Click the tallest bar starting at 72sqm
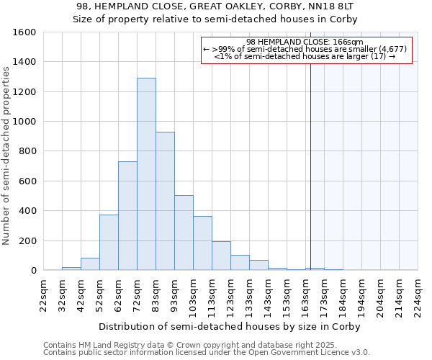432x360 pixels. pos(146,174)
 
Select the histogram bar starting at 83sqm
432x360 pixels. pos(165,202)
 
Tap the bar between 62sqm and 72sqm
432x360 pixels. pos(127,216)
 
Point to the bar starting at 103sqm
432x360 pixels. pos(202,243)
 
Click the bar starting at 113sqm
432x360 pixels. pos(221,256)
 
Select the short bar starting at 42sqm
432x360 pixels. pos(90,264)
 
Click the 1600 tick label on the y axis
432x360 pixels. pos(24,32)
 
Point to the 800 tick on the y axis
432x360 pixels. pos(27,152)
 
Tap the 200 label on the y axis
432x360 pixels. pos(27,241)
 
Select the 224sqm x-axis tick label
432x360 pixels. pos(418,295)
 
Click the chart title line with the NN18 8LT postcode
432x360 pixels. pos(215,6)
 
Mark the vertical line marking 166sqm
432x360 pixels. pos(311,180)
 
